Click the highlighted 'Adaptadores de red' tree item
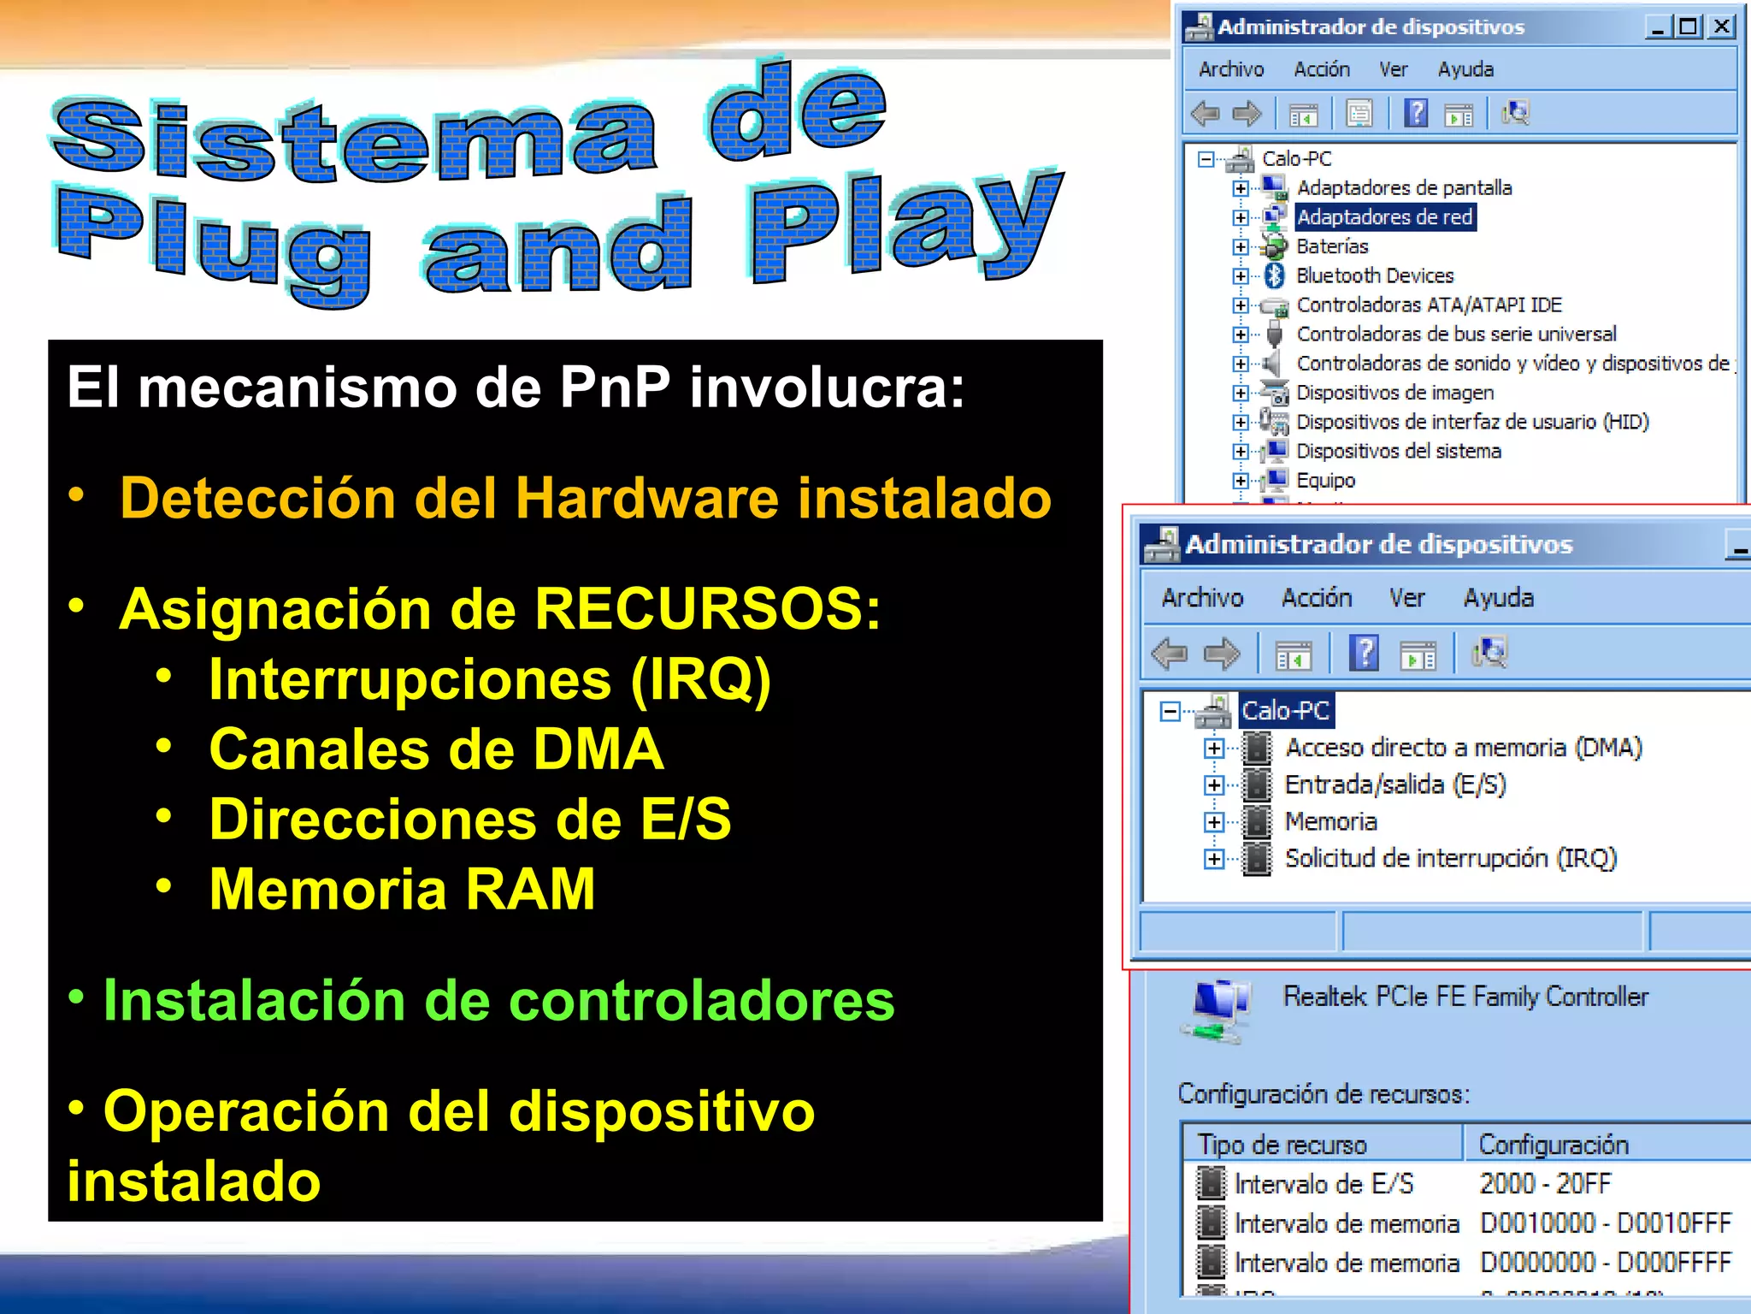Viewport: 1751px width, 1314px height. (x=1384, y=217)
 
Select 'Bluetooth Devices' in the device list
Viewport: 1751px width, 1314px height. (x=1374, y=275)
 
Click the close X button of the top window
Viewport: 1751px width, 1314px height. (x=1721, y=27)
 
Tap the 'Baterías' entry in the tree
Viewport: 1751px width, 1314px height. (x=1331, y=246)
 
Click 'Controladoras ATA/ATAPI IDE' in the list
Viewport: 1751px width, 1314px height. (x=1428, y=305)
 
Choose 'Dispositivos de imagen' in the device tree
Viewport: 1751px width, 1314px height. (x=1394, y=393)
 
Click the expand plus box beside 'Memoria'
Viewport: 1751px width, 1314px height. (x=1213, y=822)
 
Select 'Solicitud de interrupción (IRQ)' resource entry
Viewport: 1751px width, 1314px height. (x=1450, y=858)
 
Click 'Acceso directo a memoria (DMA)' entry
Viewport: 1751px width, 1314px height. (x=1463, y=748)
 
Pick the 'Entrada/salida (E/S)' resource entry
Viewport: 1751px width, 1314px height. (x=1394, y=784)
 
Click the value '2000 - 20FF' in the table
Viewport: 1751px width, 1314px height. (x=1545, y=1184)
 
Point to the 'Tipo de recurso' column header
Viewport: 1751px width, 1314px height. (x=1282, y=1145)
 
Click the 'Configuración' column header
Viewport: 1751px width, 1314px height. (x=1553, y=1145)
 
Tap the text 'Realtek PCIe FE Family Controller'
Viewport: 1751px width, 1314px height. (x=1465, y=997)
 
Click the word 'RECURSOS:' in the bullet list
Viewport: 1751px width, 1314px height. (x=707, y=609)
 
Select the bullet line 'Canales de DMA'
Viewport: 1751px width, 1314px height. (x=436, y=749)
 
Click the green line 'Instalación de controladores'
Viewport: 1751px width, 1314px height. (x=498, y=1000)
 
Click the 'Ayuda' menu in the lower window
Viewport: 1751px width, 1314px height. (x=1498, y=598)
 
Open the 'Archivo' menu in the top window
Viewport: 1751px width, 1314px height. (x=1230, y=69)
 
